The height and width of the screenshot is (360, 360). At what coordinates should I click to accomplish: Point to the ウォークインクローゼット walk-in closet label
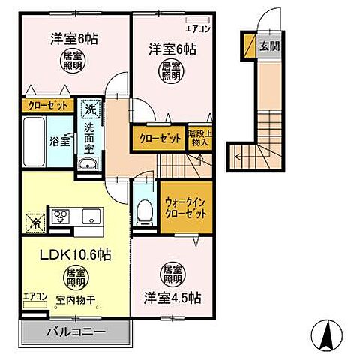(x=183, y=207)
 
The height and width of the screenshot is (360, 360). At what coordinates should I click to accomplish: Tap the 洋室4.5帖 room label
(x=172, y=296)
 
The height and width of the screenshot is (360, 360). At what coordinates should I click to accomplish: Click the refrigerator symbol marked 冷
(x=34, y=221)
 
